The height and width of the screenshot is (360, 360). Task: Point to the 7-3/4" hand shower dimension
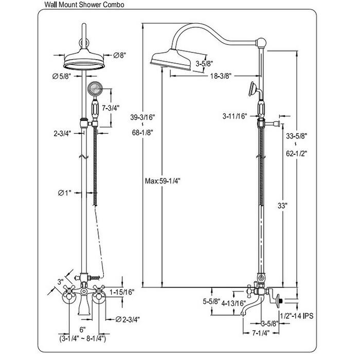(111, 108)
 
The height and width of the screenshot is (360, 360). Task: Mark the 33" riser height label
(283, 205)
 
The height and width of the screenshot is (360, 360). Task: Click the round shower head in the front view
(83, 62)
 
